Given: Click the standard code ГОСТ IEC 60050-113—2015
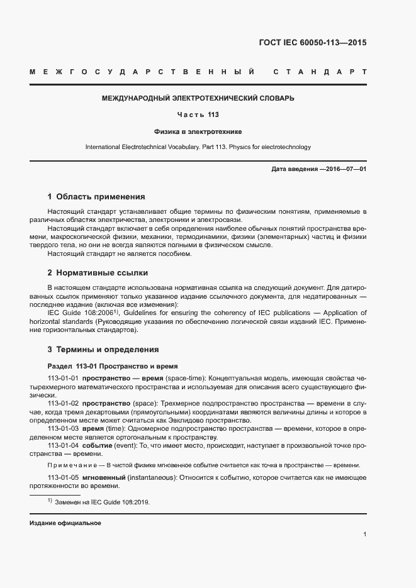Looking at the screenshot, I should tap(312, 43).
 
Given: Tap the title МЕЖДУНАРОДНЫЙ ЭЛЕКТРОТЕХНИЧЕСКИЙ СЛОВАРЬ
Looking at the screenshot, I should tap(198, 98).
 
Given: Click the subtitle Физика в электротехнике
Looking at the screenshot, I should tap(198, 131).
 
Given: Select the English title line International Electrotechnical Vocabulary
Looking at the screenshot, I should tap(198, 147).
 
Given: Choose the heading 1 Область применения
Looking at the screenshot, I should tap(96, 197).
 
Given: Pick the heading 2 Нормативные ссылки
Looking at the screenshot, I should tap(98, 273).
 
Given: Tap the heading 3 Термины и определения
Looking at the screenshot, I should tap(103, 349).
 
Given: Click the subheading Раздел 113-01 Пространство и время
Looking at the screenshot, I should tap(113, 365).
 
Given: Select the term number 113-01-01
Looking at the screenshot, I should tap(63, 378).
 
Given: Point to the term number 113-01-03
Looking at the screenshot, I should tap(63, 428).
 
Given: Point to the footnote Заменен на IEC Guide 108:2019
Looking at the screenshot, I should tap(102, 502).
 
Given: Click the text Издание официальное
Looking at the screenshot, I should tap(65, 523).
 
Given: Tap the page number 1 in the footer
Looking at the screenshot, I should tap(365, 535).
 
